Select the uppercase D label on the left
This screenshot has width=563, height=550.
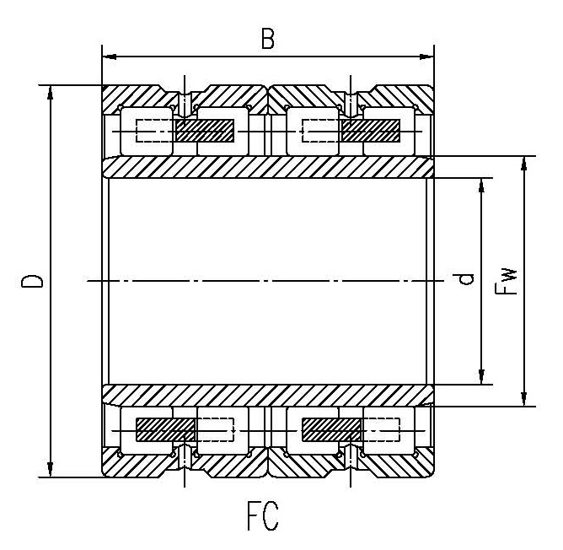[32, 281]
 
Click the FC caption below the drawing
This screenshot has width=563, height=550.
[262, 517]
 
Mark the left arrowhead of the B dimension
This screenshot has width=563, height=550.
[107, 57]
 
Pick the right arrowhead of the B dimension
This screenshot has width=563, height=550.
[429, 57]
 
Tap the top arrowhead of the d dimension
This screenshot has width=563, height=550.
[482, 183]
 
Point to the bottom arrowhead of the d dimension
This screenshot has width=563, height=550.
[482, 379]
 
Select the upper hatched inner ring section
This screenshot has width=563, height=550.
[268, 167]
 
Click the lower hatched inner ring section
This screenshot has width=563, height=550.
[268, 395]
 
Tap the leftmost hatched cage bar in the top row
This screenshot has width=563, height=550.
[205, 131]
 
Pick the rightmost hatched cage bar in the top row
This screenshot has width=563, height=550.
[371, 131]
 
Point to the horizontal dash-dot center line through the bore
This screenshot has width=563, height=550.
[268, 281]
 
